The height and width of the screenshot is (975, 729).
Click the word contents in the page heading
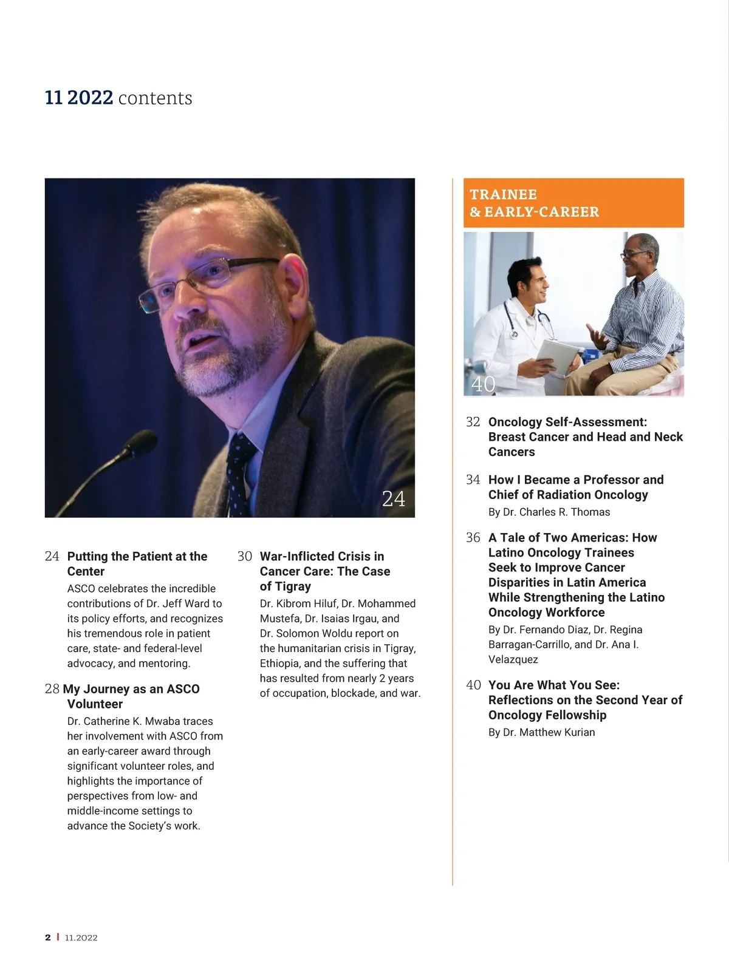(x=155, y=98)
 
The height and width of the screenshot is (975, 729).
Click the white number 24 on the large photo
(x=393, y=499)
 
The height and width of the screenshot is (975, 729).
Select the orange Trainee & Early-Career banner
(x=573, y=203)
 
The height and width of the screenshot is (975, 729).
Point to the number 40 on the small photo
(x=483, y=384)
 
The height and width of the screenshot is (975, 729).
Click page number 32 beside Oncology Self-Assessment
(x=473, y=422)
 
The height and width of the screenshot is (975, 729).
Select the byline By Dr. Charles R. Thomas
(x=549, y=512)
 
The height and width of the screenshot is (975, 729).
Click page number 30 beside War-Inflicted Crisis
(x=244, y=556)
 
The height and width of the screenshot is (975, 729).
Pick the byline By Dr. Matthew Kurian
(x=541, y=732)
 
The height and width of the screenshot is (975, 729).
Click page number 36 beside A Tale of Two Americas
(x=473, y=537)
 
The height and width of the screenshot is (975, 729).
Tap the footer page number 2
(x=48, y=937)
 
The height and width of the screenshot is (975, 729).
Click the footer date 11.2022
(x=81, y=937)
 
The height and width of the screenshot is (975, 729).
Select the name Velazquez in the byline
(x=513, y=659)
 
